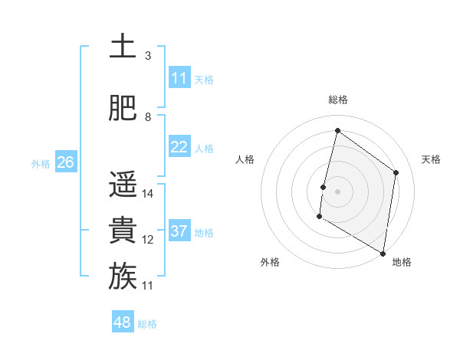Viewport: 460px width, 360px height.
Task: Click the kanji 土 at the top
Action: click(123, 47)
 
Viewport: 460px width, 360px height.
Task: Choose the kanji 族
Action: click(123, 277)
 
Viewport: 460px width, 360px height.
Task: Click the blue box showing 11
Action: click(179, 78)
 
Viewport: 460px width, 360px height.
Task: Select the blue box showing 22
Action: click(179, 147)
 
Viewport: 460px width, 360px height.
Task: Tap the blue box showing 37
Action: click(179, 231)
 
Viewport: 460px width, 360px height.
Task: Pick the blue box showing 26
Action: click(65, 162)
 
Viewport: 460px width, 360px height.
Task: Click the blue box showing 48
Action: click(122, 322)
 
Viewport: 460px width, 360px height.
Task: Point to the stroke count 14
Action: click(148, 194)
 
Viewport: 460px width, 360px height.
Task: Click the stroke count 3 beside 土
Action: click(148, 56)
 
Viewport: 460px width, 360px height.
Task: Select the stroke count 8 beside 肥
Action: click(148, 117)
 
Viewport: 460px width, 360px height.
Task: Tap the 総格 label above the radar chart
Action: click(337, 100)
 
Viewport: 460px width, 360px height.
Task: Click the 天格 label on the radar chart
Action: click(432, 159)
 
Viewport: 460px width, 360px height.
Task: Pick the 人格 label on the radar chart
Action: click(245, 159)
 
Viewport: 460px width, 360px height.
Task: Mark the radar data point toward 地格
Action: click(383, 253)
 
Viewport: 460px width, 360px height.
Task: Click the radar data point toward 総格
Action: click(337, 131)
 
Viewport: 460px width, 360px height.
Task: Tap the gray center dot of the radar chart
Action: click(337, 191)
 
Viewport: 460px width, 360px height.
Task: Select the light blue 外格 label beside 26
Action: click(41, 163)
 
